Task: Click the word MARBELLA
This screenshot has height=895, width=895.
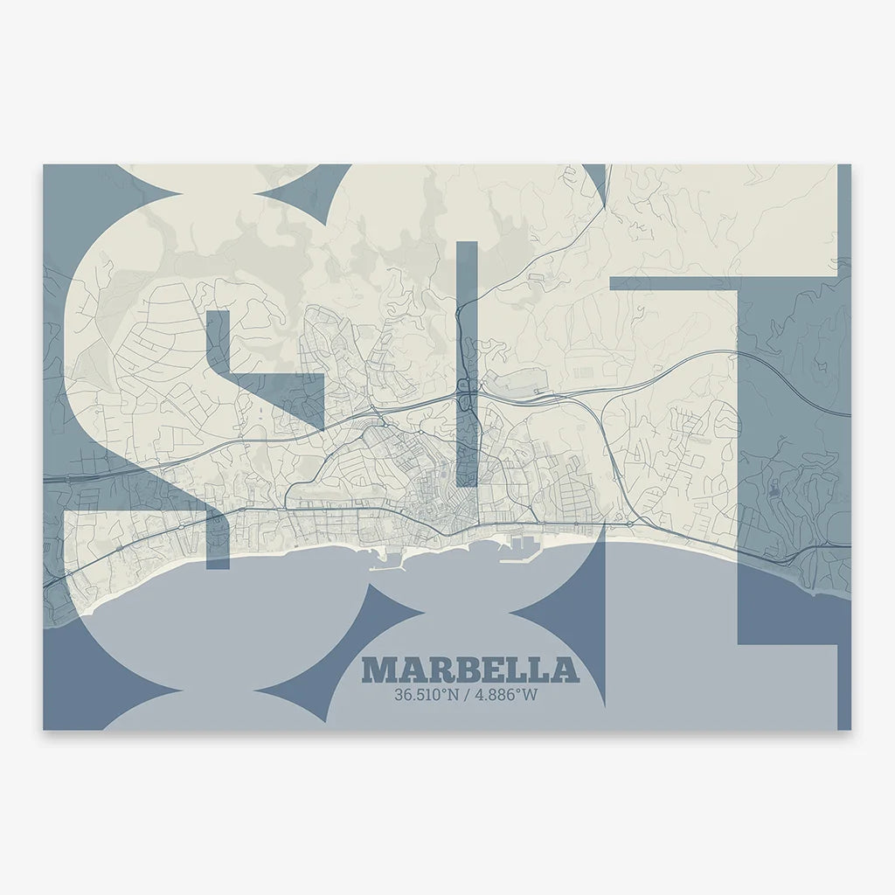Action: click(470, 670)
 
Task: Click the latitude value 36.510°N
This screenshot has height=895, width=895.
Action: click(427, 696)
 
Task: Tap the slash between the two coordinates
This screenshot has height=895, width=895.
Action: click(466, 696)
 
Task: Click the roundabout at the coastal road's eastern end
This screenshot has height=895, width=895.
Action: click(628, 523)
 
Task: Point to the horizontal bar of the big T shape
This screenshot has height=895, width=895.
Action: click(725, 284)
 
